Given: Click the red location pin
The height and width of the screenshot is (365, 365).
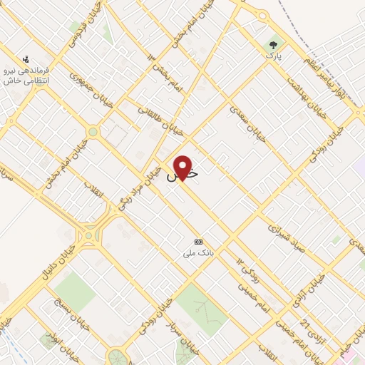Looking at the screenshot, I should click(x=184, y=168).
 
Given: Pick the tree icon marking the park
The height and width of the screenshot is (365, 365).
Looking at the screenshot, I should click(x=273, y=44).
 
